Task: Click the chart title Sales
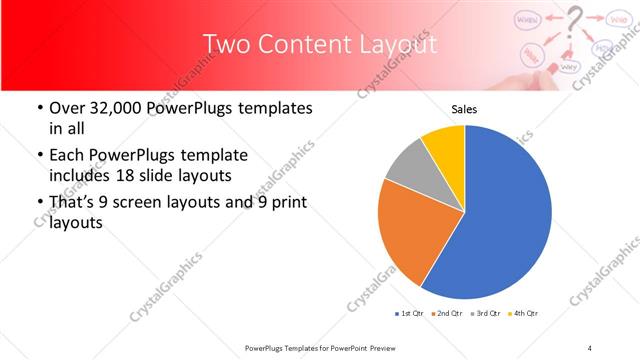click(464, 109)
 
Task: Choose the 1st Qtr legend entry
click(409, 314)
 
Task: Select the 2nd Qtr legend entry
click(445, 314)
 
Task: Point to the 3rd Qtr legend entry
click(484, 314)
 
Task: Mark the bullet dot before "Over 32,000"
click(38, 108)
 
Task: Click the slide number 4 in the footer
click(590, 347)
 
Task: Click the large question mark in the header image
click(572, 20)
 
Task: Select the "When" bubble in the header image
click(527, 19)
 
